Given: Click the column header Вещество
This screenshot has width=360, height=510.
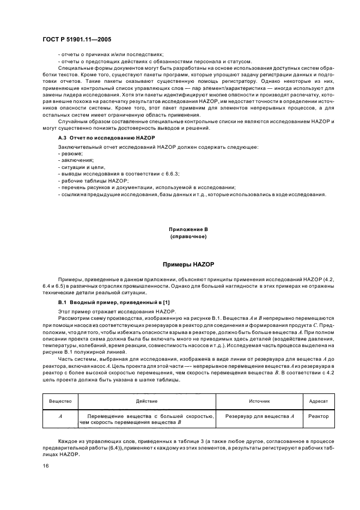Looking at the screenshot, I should tap(60, 400).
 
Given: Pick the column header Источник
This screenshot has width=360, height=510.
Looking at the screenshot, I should tap(259, 400).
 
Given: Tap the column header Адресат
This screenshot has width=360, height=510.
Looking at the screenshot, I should tap(318, 400).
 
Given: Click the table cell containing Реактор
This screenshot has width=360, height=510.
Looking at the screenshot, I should tap(318, 416).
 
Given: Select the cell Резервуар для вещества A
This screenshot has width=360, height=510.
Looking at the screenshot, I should tap(259, 416).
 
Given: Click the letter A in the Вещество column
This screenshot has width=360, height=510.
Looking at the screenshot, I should tap(60, 416).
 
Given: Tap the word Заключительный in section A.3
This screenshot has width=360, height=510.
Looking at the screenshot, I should tap(81, 147).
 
